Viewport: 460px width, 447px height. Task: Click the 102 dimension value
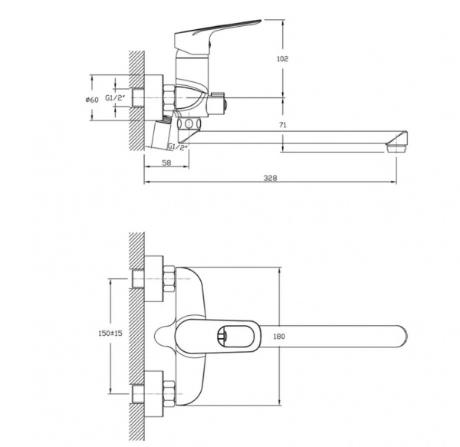pyautogui.click(x=282, y=59)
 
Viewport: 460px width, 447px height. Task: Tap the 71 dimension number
pyautogui.click(x=282, y=125)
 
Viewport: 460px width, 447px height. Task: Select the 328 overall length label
pyautogui.click(x=270, y=178)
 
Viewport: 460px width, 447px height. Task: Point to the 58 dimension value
pyautogui.click(x=166, y=163)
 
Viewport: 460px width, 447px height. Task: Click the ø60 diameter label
pyautogui.click(x=92, y=100)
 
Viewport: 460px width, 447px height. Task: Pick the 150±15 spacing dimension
pyautogui.click(x=110, y=334)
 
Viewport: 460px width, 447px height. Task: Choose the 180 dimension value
pyautogui.click(x=279, y=337)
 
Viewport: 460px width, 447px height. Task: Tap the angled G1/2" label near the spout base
pyautogui.click(x=178, y=146)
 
